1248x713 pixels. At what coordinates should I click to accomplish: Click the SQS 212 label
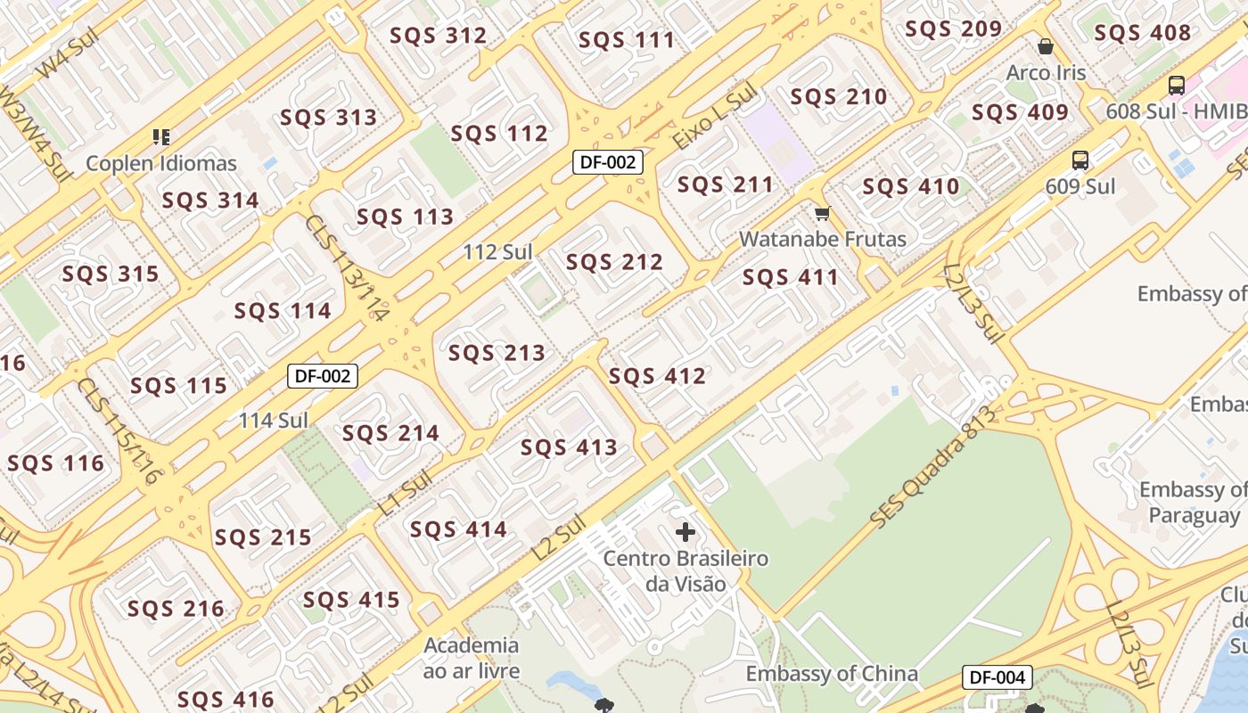614,262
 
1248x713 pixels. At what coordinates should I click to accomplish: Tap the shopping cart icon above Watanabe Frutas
822,214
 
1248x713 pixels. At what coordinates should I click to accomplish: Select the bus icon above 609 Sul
1080,160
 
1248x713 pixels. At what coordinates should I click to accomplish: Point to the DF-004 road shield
997,677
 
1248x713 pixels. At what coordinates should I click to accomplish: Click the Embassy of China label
832,674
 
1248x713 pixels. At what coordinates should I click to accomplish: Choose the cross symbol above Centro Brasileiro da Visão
685,533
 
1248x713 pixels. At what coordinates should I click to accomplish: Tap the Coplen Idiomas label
161,163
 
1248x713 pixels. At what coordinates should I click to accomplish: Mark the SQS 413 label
569,447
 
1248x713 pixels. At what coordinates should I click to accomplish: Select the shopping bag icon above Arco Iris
1046,46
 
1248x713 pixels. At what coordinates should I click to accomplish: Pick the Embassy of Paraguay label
1194,502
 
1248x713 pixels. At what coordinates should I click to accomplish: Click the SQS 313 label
328,118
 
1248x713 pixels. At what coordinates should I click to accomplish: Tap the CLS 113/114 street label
348,267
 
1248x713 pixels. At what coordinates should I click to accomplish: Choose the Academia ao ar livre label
472,657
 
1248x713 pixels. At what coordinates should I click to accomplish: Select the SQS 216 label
176,610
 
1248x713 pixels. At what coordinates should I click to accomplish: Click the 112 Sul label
497,252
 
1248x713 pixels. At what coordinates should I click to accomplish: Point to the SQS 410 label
910,187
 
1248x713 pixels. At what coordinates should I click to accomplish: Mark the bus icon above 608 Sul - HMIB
1176,86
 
